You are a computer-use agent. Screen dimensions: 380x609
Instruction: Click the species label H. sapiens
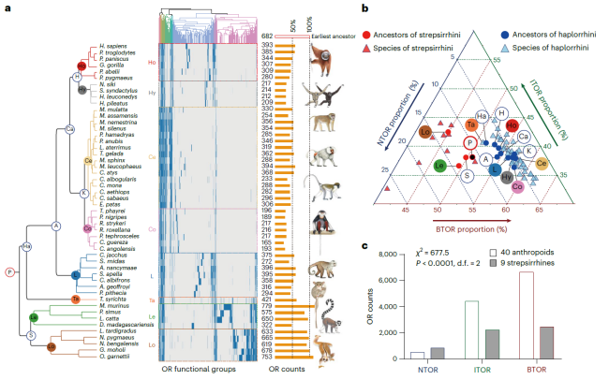pos(113,43)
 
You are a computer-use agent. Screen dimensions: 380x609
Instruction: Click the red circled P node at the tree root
pos(10,271)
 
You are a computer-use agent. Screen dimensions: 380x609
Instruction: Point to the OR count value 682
pos(266,35)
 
